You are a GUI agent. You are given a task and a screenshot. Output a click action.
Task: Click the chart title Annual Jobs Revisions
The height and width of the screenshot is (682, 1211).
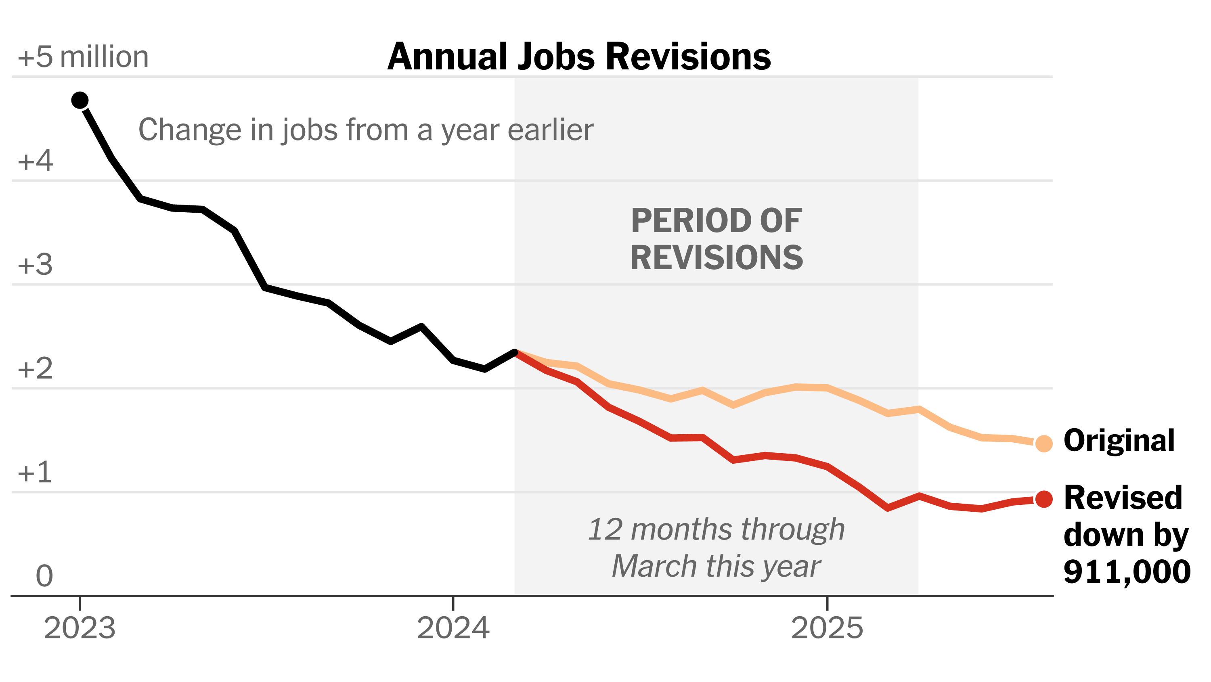tap(579, 57)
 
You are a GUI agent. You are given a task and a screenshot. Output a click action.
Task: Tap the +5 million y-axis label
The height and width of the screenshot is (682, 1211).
tap(83, 57)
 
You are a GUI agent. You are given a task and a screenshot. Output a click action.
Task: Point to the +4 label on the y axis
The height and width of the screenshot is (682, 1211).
tap(35, 161)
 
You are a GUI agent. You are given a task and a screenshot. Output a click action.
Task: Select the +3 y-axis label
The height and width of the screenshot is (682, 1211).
tap(35, 265)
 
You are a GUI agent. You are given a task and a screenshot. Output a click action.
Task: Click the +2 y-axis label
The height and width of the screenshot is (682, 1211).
tap(35, 368)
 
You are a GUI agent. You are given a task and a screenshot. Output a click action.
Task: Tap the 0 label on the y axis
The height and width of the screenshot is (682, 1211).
tap(44, 576)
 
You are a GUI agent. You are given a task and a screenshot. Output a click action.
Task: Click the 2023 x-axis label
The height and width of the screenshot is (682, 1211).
tap(80, 628)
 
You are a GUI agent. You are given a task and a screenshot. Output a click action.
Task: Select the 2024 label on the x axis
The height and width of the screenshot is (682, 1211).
tap(453, 628)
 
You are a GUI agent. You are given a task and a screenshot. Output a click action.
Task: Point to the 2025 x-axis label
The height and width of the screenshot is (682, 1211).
tap(827, 628)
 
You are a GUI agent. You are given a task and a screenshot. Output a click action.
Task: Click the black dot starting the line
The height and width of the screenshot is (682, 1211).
tap(80, 100)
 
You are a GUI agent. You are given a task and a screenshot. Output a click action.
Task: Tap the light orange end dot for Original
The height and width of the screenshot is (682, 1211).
tap(1043, 443)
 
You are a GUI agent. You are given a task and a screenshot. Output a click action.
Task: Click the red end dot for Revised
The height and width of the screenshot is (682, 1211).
tap(1043, 499)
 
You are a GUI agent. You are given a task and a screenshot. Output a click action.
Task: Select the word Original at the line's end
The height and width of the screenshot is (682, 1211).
tap(1119, 441)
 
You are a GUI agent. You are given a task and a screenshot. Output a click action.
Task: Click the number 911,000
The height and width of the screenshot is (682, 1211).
tap(1127, 572)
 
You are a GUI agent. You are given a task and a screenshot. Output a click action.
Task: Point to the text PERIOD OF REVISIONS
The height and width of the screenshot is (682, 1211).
tap(717, 239)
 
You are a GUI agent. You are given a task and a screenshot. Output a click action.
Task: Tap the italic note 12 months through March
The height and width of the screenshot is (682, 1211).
tap(717, 548)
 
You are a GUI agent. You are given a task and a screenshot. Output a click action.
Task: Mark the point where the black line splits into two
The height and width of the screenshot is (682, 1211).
tap(515, 352)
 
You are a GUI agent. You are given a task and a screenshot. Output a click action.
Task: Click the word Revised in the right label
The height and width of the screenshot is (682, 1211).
tap(1123, 498)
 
